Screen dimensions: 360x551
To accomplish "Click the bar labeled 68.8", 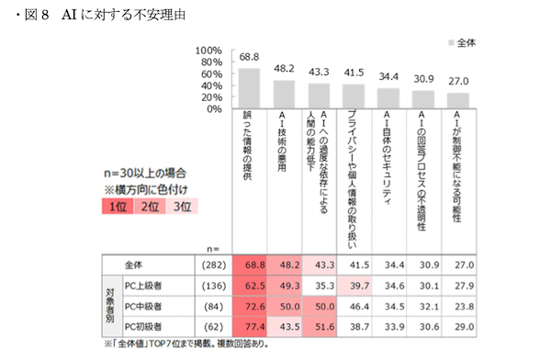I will pos(249,88).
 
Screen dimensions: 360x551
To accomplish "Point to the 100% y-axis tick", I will pos(209,51).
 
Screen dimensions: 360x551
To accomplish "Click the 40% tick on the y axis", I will pos(212,85).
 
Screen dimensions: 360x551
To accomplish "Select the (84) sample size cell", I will pos(213,304).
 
